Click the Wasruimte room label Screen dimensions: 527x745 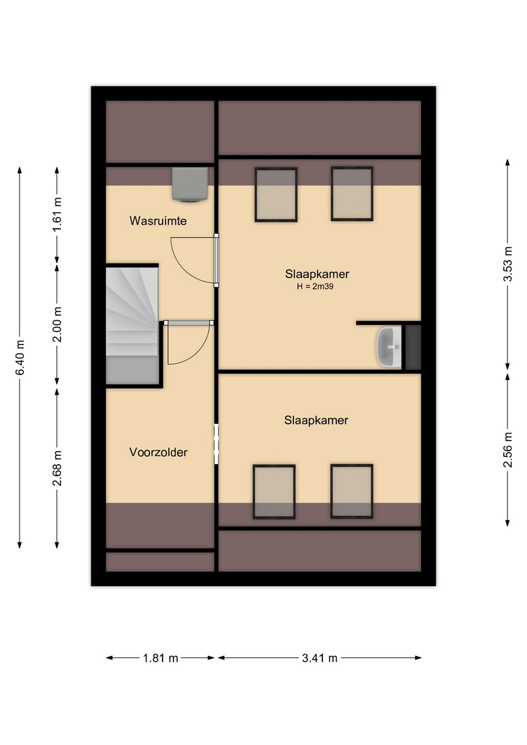coord(158,221)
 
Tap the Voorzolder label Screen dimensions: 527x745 coord(158,452)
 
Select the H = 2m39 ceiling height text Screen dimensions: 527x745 coord(315,287)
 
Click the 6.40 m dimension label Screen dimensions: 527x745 coord(20,357)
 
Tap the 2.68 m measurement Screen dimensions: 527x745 coord(57,468)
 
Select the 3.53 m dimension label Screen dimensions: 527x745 coord(507,264)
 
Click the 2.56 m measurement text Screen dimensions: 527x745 coord(507,450)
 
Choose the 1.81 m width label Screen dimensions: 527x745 coord(160,658)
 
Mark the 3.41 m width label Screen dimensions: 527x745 coord(319,658)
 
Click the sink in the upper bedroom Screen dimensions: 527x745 coord(389,347)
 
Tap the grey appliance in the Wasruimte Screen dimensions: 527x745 coord(190,184)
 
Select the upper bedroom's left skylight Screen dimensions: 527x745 coord(276,194)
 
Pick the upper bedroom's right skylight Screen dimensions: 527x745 coord(352,193)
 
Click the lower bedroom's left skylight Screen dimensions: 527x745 coord(274,491)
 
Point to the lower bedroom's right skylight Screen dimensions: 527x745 coord(352,491)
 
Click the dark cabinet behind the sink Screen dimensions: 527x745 coord(413,347)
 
